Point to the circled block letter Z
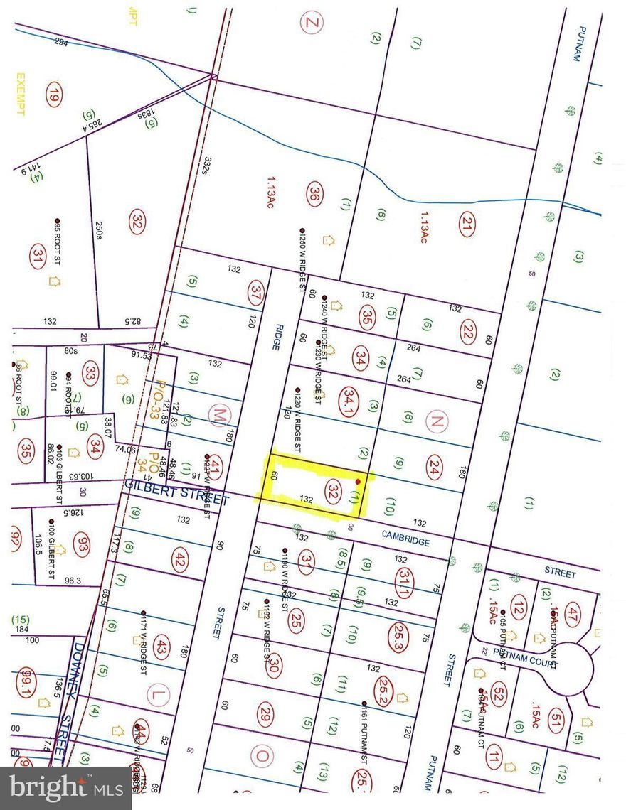tap(310, 23)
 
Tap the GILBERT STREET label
tap(176, 493)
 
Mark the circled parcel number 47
tap(574, 610)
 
